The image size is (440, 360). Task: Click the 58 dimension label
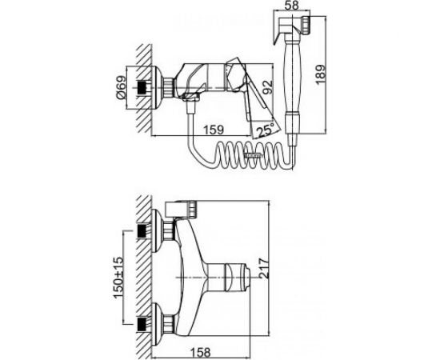pos(291,6)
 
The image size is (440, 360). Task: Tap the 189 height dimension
pos(320,74)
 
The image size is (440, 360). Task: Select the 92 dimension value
pos(267,87)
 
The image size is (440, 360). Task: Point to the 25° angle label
pos(265,130)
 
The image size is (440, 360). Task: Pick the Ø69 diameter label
pos(121,87)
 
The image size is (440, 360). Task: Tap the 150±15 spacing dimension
pos(118,278)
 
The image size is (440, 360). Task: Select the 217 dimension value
pos(264,268)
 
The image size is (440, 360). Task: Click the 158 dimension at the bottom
pos(201,353)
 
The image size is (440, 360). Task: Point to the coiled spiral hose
pos(253,155)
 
